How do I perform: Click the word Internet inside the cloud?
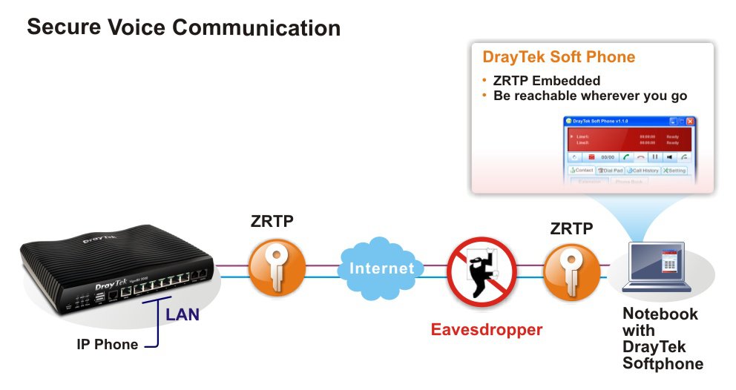pos(382,268)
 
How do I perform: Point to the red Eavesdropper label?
pos(487,329)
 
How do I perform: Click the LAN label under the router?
pos(182,314)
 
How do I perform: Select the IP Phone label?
pos(108,344)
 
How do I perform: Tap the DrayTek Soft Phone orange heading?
pos(558,57)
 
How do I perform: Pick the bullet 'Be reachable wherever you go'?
pos(590,96)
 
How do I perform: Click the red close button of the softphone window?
pos(690,121)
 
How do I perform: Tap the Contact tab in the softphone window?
pos(582,171)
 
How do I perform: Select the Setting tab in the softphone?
pos(675,171)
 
